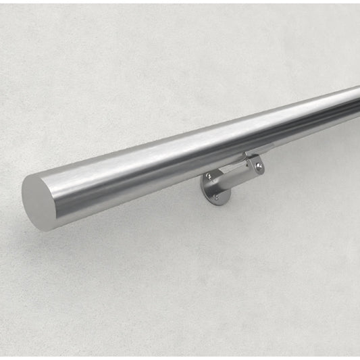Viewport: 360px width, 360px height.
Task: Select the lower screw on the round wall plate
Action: (x=216, y=197)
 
